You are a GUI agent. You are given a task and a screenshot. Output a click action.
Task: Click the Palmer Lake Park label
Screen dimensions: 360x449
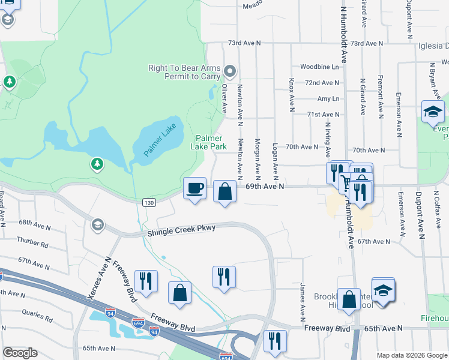point(209,142)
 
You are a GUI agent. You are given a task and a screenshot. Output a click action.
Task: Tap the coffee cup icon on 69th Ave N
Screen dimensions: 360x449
point(194,189)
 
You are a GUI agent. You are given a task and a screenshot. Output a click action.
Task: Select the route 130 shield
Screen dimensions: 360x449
point(149,203)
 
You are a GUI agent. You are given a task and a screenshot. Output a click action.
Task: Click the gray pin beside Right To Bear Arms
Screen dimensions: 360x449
point(229,73)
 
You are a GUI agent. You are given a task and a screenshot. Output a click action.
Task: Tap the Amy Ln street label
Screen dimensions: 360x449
point(328,98)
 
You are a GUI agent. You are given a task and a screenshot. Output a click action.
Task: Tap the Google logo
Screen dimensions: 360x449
point(20,353)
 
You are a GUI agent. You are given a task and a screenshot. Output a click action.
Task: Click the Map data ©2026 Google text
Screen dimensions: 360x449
point(412,355)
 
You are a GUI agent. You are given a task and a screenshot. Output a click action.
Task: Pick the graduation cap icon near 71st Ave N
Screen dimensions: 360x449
point(432,112)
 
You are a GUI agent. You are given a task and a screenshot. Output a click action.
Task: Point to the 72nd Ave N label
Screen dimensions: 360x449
point(322,83)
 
